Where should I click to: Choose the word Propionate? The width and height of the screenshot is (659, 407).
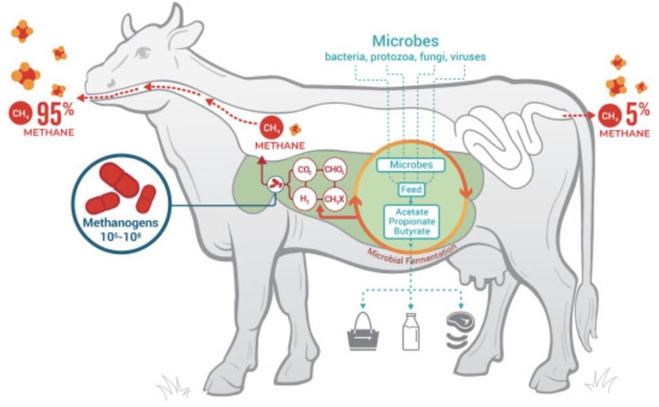point(411,220)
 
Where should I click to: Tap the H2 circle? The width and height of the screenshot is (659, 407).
point(302,199)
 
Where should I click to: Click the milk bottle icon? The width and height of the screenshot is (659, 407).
point(411,332)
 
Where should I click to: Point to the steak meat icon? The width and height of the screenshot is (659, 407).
point(460,330)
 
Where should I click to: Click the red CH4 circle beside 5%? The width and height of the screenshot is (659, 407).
point(609,116)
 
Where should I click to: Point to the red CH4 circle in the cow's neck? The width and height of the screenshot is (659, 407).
point(270,127)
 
